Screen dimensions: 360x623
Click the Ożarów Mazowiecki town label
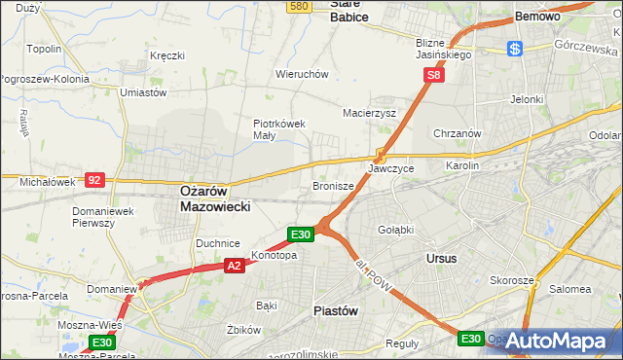[x=216, y=199]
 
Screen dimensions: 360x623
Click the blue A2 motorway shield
[x=234, y=265]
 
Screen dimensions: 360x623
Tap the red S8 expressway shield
[x=435, y=73]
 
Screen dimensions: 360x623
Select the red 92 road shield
[x=94, y=180]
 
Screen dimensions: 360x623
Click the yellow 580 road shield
[x=299, y=7]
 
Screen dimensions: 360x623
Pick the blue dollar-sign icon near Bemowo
[x=515, y=48]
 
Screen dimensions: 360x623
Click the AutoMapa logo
[x=558, y=341]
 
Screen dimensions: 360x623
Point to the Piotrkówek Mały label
[x=279, y=129]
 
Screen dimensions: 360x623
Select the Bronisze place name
[x=333, y=185]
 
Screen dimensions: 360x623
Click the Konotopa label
[x=274, y=256]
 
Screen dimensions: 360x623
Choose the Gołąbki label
[x=396, y=229]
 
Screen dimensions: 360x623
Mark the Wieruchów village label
[x=302, y=74]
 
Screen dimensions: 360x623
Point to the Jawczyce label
[x=391, y=168]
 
